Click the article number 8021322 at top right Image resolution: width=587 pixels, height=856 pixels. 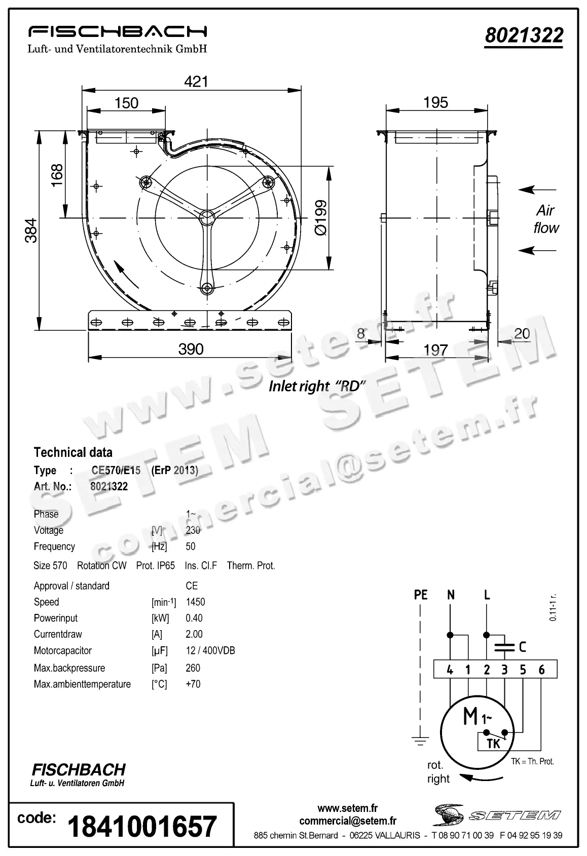point(524,35)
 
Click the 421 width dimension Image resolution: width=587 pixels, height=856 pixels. point(196,82)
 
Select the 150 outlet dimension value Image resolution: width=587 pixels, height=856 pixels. point(126,103)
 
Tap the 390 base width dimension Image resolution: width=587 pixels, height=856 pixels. point(191,349)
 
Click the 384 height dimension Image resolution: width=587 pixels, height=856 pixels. point(31,230)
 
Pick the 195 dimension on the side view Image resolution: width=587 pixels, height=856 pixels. point(435,102)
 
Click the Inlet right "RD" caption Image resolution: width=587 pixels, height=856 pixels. point(317,386)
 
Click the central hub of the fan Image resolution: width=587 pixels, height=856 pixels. point(206,217)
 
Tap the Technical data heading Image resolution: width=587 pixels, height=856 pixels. point(73,452)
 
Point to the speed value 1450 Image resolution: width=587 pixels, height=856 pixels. point(195,602)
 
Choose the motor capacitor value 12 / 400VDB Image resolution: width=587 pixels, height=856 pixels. point(210,650)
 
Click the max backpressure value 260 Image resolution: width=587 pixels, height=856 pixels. point(193,668)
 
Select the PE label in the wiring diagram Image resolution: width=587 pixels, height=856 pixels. point(421,595)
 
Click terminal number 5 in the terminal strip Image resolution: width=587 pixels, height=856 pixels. point(523,670)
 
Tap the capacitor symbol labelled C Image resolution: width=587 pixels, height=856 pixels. point(504,647)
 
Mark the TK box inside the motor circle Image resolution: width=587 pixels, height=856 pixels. point(493,744)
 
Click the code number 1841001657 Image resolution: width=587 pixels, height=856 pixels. point(142,827)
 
